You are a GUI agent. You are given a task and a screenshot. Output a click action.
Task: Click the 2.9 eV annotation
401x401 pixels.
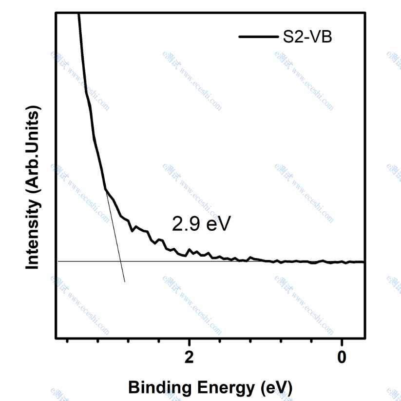tap(200, 224)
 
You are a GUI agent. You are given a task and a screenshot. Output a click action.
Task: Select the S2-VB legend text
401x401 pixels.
tap(307, 37)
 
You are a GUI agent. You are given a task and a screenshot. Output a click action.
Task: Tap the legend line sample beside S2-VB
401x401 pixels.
tap(256, 37)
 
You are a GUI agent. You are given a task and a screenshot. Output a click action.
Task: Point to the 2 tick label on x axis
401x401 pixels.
tap(189, 357)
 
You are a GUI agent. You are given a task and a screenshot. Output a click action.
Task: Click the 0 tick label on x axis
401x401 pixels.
tap(342, 357)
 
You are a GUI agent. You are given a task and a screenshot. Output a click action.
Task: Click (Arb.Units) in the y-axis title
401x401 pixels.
tap(33, 151)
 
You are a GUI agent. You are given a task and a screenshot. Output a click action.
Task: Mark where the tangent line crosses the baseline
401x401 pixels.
tap(120, 261)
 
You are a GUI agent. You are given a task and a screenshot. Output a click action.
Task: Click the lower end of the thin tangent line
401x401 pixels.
tap(125, 282)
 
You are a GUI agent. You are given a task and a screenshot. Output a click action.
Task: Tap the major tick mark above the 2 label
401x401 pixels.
tap(189, 340)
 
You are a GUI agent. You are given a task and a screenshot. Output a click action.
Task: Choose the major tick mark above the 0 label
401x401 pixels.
tap(342, 340)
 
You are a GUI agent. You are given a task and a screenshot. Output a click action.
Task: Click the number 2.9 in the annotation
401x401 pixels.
tap(185, 224)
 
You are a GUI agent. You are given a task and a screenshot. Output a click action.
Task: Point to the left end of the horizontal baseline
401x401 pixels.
tap(58, 261)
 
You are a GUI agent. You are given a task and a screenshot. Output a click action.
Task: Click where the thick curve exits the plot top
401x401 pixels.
tap(78, 15)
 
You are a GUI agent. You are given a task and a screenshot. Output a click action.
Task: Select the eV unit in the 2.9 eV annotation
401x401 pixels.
tap(215, 224)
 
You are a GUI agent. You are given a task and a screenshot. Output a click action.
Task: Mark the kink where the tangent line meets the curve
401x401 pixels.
tap(105, 189)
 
